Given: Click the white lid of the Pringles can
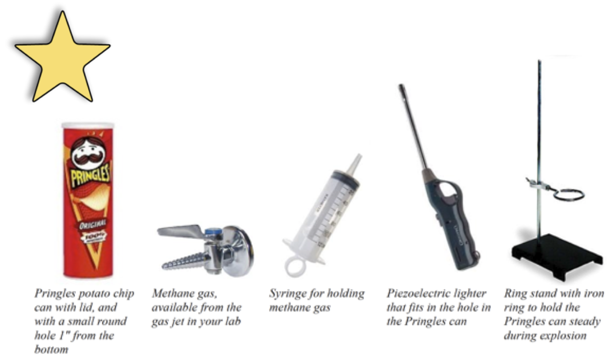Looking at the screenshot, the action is click(x=88, y=126).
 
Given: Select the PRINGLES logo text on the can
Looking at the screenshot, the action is click(x=90, y=175).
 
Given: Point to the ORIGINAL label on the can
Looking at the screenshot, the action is click(x=92, y=225).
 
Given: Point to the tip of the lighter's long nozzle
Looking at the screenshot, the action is click(x=401, y=87).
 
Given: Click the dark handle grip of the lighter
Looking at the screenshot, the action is click(x=459, y=226).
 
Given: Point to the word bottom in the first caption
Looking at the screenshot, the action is click(x=51, y=349).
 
